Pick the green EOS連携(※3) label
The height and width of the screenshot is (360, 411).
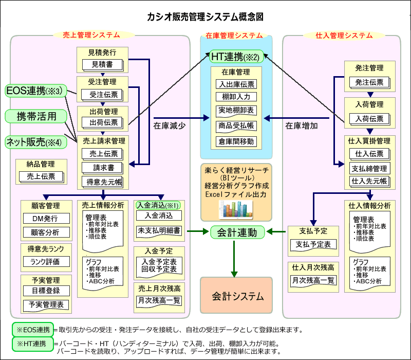click(35, 91)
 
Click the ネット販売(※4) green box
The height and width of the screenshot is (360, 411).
click(35, 141)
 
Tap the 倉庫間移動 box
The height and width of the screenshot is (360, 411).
click(236, 141)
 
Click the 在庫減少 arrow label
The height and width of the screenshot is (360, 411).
click(169, 124)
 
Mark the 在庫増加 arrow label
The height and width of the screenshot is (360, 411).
click(302, 124)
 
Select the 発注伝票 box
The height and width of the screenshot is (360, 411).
click(369, 82)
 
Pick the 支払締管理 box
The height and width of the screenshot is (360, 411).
click(369, 168)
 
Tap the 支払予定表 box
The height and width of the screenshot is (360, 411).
click(313, 244)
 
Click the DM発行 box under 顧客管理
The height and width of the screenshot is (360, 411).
click(46, 219)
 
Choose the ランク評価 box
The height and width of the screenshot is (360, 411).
click(46, 261)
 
